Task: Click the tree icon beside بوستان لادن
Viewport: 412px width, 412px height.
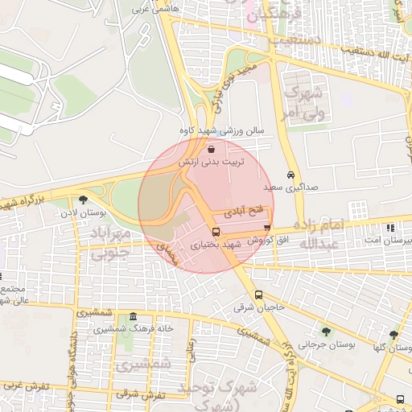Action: tap(84, 200)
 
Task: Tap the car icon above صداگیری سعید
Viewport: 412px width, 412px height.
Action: tap(290, 175)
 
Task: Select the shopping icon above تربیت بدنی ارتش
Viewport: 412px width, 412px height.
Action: tap(211, 149)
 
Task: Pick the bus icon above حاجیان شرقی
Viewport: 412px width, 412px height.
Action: tap(258, 295)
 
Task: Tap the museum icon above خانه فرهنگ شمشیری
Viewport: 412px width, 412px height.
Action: tap(132, 317)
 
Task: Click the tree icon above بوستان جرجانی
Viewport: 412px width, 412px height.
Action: tap(325, 332)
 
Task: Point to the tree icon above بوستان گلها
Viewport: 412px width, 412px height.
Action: tap(393, 336)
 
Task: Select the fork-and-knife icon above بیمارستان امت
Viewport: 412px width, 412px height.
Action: tap(391, 228)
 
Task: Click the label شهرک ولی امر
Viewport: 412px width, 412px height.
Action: tap(303, 101)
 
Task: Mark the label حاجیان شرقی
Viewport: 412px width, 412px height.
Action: tap(248, 307)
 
